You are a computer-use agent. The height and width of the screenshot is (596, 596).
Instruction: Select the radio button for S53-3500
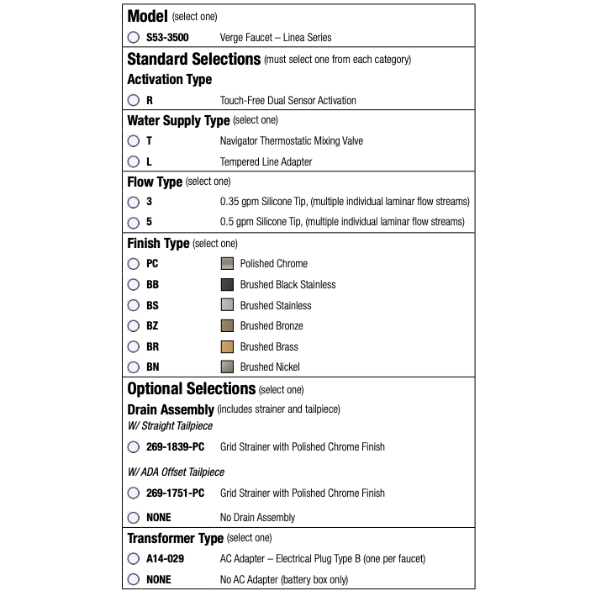pyautogui.click(x=134, y=38)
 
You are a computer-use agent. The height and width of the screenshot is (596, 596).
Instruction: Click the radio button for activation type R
pyautogui.click(x=134, y=100)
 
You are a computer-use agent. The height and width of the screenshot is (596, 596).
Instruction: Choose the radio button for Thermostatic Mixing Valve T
pyautogui.click(x=134, y=141)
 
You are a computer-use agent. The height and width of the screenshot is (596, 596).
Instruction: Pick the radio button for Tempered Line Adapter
pyautogui.click(x=134, y=161)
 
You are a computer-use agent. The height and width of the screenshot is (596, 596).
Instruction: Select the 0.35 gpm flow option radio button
pyautogui.click(x=134, y=202)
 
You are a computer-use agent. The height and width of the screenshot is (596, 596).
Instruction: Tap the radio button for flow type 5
pyautogui.click(x=134, y=223)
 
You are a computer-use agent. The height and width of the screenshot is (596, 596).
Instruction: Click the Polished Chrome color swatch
pyautogui.click(x=227, y=264)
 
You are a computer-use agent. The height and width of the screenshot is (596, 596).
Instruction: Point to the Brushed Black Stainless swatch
pyautogui.click(x=227, y=284)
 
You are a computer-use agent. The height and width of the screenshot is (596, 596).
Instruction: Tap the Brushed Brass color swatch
pyautogui.click(x=227, y=346)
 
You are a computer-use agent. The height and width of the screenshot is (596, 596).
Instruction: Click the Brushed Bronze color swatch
pyautogui.click(x=227, y=325)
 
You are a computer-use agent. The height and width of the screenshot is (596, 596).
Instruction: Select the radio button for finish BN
pyautogui.click(x=134, y=367)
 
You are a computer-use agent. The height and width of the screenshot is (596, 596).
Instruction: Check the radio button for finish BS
pyautogui.click(x=134, y=305)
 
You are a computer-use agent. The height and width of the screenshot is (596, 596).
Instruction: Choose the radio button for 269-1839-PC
pyautogui.click(x=134, y=447)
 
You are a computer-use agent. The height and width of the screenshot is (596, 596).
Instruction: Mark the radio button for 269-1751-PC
pyautogui.click(x=134, y=493)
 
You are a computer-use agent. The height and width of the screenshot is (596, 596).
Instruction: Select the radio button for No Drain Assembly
pyautogui.click(x=134, y=518)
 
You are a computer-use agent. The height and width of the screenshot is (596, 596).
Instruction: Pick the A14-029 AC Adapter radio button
pyautogui.click(x=134, y=559)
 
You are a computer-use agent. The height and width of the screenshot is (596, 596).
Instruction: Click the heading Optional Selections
pyautogui.click(x=191, y=389)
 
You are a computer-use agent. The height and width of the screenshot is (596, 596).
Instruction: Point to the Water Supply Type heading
pyautogui.click(x=178, y=121)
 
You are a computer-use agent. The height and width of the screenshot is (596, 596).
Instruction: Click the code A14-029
pyautogui.click(x=165, y=559)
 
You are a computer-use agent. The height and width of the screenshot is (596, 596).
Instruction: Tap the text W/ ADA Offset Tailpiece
pyautogui.click(x=176, y=472)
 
